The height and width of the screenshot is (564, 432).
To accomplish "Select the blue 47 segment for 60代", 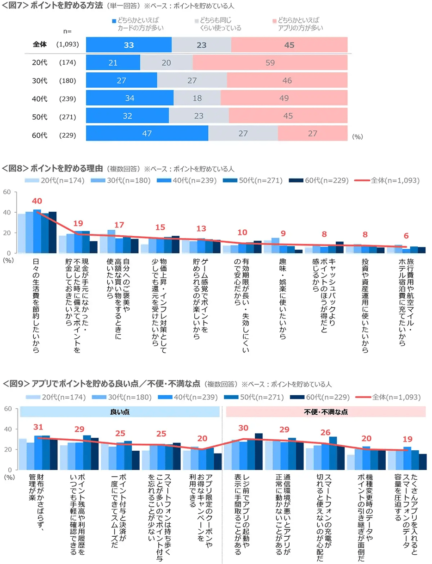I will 147,133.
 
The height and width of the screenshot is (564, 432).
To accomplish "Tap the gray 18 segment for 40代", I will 197,98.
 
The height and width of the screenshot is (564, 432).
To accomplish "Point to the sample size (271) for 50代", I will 67,116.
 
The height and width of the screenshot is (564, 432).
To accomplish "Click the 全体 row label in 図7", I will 40,45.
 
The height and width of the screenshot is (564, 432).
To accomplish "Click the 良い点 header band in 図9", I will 120,411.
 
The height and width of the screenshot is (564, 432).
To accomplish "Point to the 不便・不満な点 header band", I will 326,411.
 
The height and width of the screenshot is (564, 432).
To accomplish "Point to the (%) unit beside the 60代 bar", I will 358,137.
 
